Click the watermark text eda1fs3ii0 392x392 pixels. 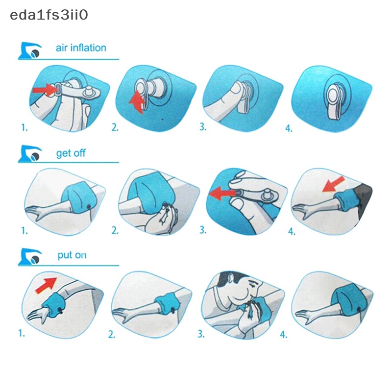click(x=49, y=15)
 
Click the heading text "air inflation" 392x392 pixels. click(x=81, y=48)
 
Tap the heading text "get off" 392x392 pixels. click(x=71, y=153)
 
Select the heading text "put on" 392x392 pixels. click(x=72, y=255)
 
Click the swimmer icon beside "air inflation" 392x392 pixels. click(x=30, y=50)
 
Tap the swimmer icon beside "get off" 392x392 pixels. click(x=30, y=154)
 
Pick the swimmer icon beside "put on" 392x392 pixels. click(x=30, y=257)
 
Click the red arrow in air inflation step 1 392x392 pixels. click(x=44, y=90)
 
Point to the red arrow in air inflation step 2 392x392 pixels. click(x=137, y=102)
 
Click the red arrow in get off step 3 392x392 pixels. click(x=222, y=194)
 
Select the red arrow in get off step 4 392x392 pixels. click(x=333, y=184)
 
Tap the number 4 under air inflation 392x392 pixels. click(x=289, y=128)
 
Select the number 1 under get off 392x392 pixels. click(x=24, y=230)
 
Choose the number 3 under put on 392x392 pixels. click(x=201, y=334)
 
